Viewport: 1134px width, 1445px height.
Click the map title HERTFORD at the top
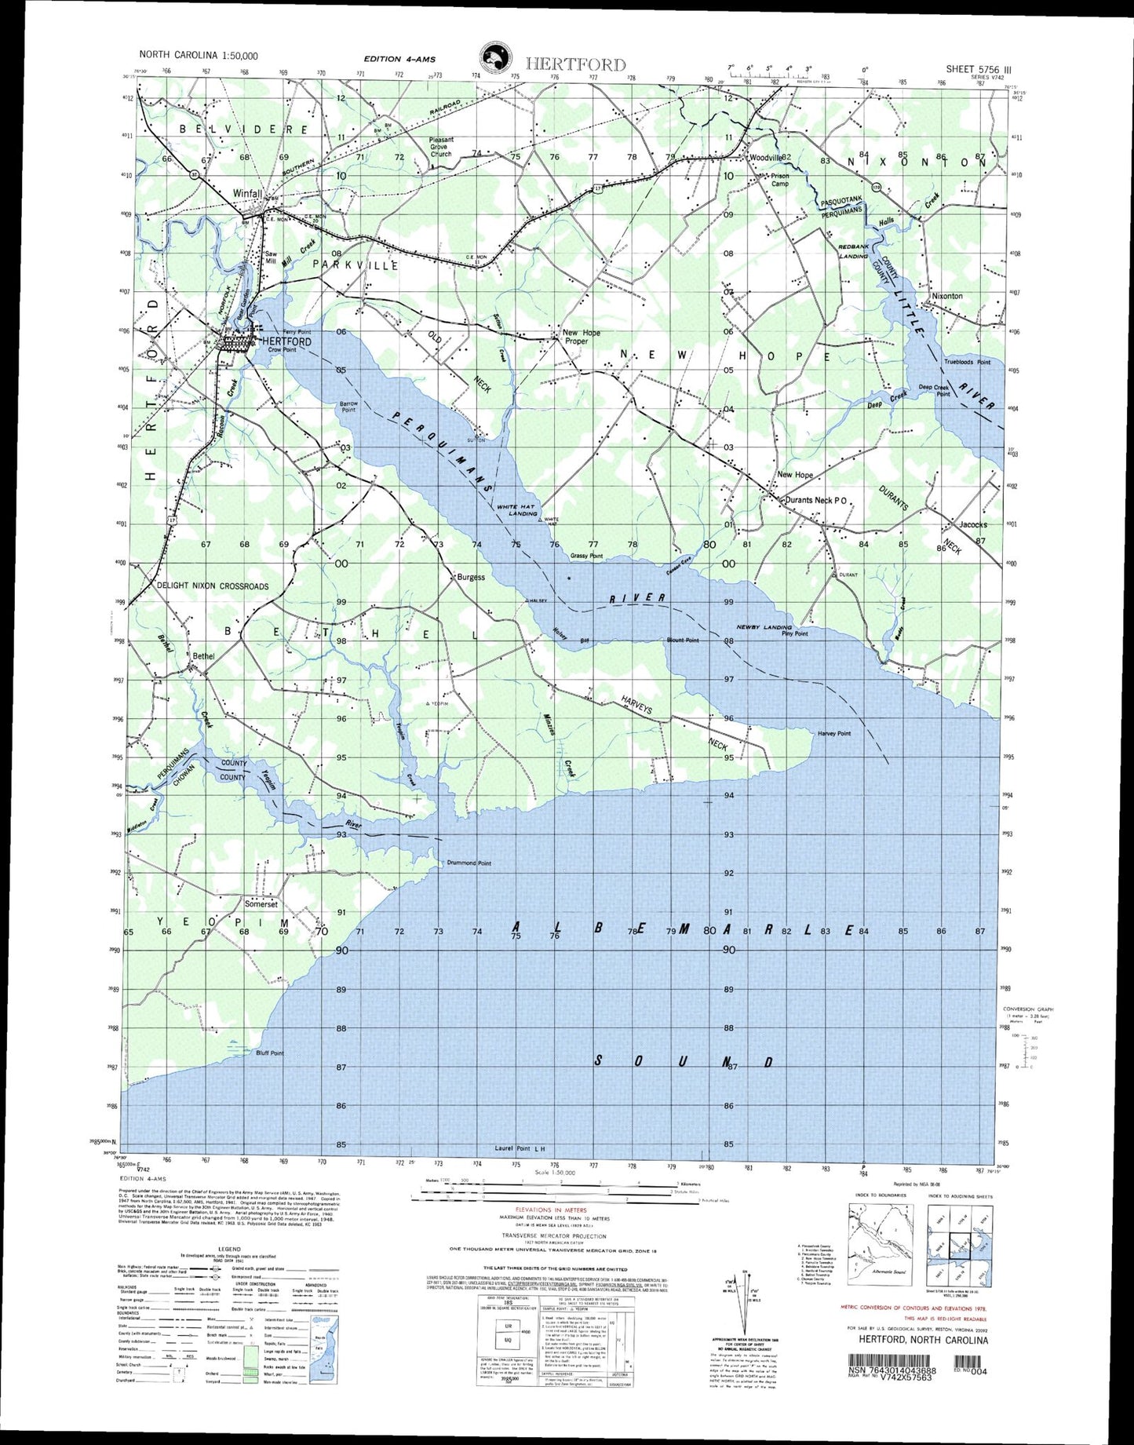(x=575, y=64)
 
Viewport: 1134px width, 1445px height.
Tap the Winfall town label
(x=248, y=192)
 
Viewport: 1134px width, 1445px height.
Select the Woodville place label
(x=766, y=158)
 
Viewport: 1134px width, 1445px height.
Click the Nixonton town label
(x=946, y=296)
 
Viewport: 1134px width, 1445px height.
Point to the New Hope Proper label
(x=582, y=337)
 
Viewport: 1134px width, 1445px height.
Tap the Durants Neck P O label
(x=812, y=500)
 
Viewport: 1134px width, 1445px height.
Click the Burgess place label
(x=471, y=577)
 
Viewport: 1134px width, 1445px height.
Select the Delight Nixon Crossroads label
(x=213, y=586)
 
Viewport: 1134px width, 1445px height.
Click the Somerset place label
(x=261, y=903)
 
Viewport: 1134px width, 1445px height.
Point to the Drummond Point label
(x=469, y=863)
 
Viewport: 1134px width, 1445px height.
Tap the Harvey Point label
(x=833, y=733)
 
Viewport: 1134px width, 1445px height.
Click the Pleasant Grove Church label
(x=441, y=147)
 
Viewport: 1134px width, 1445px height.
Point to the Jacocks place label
(x=973, y=524)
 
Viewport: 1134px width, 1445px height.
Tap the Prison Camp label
(x=780, y=180)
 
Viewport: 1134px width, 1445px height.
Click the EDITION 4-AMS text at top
(x=399, y=59)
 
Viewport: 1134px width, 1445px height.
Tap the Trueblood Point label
(x=967, y=362)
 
